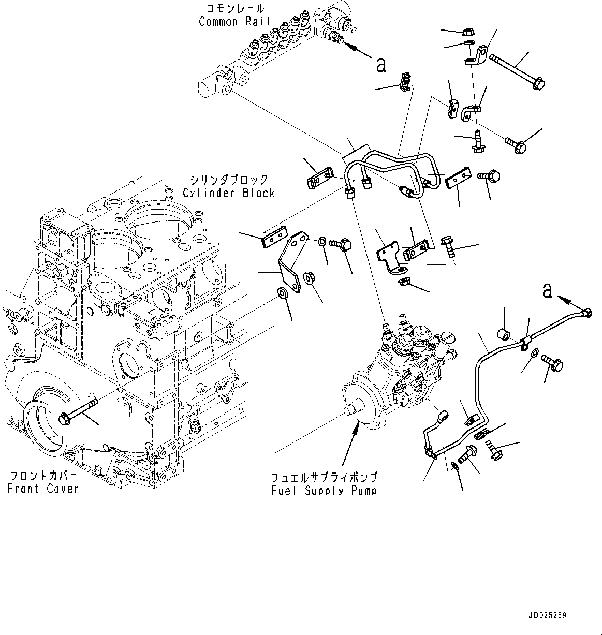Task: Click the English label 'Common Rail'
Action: [x=225, y=22]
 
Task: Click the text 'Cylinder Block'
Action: [x=228, y=193]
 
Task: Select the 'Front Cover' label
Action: [x=42, y=488]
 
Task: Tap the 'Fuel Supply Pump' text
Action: [x=324, y=490]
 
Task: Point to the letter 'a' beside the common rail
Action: [x=380, y=65]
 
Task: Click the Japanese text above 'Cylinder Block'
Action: [x=228, y=180]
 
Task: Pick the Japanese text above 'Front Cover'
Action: [x=42, y=476]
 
